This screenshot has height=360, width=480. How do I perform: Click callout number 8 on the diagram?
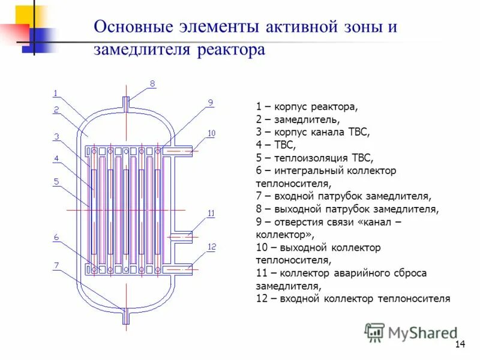(152, 84)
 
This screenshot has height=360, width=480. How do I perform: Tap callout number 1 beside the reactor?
(55, 93)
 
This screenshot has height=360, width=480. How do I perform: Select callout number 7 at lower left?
(56, 265)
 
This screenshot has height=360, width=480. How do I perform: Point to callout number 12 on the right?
(211, 247)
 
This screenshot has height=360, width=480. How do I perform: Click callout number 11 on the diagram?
(211, 214)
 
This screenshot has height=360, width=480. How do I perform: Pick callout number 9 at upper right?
(211, 103)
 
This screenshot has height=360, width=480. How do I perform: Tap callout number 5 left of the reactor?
(56, 181)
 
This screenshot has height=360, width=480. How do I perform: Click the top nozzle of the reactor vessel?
(126, 103)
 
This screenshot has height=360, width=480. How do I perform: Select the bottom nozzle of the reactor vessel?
(126, 316)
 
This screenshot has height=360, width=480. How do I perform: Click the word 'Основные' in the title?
(133, 28)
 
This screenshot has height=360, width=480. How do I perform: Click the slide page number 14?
(460, 344)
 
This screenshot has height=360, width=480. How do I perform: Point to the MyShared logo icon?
(375, 332)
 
